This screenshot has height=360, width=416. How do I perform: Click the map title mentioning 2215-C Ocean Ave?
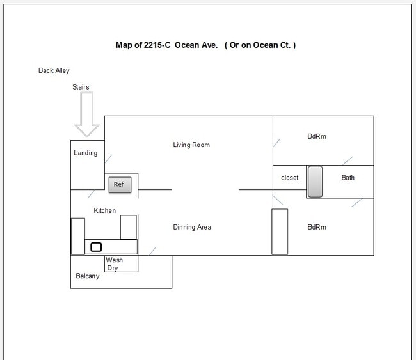coord(205,45)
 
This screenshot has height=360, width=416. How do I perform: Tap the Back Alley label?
coord(54,71)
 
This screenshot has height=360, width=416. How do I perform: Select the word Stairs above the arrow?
coord(81,87)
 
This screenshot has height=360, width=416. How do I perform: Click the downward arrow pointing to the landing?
coord(86,114)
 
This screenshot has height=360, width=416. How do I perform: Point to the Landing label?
coord(86,153)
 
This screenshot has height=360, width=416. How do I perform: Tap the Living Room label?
coord(191,145)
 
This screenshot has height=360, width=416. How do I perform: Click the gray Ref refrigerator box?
coord(120,185)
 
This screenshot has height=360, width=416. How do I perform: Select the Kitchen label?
coord(105,210)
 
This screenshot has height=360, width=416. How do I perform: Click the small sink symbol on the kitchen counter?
coord(96,247)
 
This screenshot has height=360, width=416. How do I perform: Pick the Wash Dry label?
coord(115,264)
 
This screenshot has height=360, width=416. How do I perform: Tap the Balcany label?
coord(88,277)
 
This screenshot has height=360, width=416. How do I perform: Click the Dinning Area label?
coord(192,227)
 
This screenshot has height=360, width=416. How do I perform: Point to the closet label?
coord(289,178)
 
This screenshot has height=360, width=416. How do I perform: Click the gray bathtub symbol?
coord(315,182)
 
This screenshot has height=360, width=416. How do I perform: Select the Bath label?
coord(348,178)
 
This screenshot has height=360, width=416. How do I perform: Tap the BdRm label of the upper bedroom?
coord(317,136)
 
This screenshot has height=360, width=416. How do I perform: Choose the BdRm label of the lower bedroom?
coord(317,227)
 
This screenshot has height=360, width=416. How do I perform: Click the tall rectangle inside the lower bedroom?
coord(280,231)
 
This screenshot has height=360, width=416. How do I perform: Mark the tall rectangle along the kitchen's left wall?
coord(77,236)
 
